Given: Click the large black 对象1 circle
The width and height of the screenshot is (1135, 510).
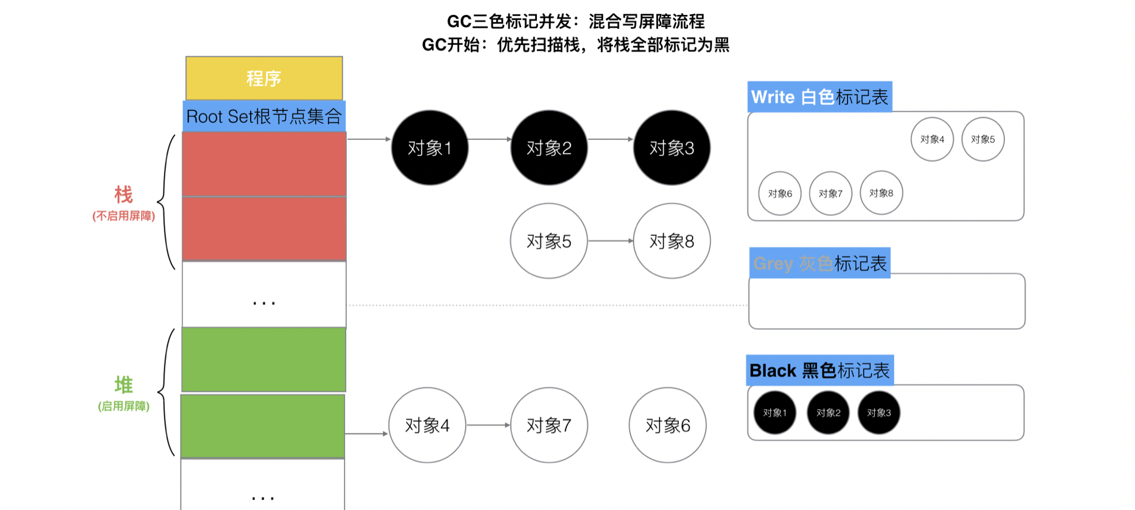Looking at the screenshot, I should tap(430, 148).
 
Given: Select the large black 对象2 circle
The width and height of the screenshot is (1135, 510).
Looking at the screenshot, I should tap(549, 148).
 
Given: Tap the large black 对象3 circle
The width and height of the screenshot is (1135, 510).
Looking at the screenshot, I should tap(672, 148).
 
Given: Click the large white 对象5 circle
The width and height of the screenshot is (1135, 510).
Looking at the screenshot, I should tap(549, 241).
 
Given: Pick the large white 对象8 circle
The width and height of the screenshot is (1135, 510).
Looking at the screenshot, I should tap(672, 241).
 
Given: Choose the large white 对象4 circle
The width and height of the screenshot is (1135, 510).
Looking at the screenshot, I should tap(427, 425).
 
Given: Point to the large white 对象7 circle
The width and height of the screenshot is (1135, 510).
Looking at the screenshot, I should tap(549, 425).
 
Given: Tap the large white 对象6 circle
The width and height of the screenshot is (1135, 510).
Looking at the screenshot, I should tap(668, 425).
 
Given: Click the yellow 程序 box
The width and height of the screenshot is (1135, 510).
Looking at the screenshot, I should tap(264, 78).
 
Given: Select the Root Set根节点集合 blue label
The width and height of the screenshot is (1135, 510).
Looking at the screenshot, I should tap(264, 116).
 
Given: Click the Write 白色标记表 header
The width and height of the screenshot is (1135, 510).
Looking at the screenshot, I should tap(819, 97).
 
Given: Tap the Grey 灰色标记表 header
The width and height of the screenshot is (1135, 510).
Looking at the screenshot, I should tap(819, 263).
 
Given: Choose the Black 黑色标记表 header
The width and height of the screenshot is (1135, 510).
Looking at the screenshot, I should tap(819, 370).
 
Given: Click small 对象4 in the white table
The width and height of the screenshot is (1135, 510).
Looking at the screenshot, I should tap(932, 139).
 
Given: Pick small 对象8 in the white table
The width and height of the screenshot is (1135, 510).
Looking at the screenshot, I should tap(881, 193).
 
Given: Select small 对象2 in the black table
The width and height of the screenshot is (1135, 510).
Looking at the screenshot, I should tap(828, 413).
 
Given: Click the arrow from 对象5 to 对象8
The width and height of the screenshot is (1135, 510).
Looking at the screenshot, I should tap(610, 241).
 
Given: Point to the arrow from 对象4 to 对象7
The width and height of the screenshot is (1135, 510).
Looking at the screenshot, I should tap(488, 425).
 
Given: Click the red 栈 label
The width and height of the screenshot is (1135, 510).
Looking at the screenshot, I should tap(123, 195).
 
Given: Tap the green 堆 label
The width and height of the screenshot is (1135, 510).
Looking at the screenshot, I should tap(123, 385).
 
